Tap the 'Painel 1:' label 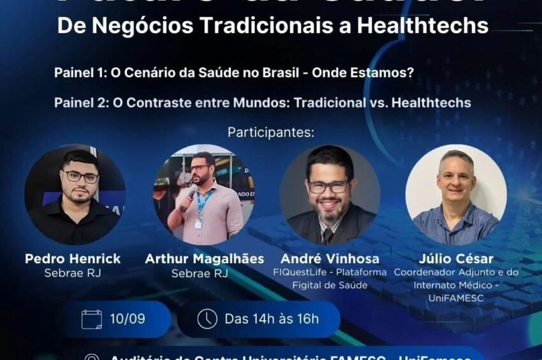click(x=81, y=73)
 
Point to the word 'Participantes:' click(x=271, y=133)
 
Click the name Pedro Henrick click(x=73, y=259)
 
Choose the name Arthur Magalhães click(x=204, y=259)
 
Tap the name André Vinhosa click(x=330, y=259)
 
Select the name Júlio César click(x=457, y=259)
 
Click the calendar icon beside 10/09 click(x=92, y=319)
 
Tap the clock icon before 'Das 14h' click(x=207, y=319)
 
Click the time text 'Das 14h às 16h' click(x=272, y=319)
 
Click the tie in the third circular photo click(x=327, y=236)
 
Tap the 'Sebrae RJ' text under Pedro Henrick click(x=73, y=273)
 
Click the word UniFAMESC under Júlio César click(x=457, y=297)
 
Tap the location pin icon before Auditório click(x=92, y=357)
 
